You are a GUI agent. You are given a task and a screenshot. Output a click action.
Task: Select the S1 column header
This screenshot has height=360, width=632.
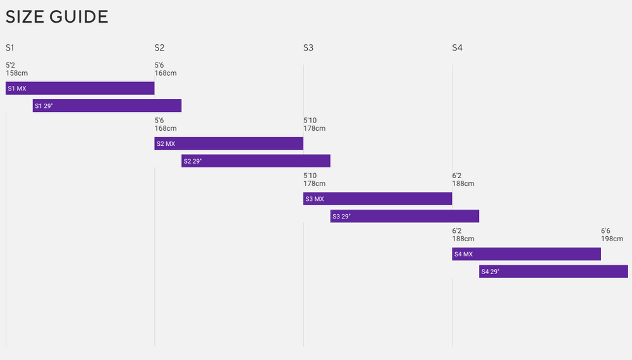point(10,48)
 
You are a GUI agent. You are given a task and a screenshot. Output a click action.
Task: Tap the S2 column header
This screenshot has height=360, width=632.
point(159,48)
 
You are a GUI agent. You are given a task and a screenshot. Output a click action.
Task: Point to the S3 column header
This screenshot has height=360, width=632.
point(308,48)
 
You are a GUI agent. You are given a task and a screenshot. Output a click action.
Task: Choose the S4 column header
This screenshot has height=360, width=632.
point(458,48)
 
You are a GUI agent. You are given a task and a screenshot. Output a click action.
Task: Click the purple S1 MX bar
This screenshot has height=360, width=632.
point(80,88)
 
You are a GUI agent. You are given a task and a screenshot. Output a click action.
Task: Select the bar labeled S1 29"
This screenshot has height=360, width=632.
point(107,106)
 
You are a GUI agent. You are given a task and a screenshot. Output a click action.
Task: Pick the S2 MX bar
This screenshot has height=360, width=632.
point(229,144)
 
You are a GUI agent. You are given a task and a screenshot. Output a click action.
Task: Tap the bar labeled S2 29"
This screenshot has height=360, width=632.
point(256,161)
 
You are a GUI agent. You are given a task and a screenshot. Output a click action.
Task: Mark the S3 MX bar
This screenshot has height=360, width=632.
point(378,199)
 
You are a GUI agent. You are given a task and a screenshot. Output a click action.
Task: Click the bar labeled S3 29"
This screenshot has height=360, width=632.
point(404,217)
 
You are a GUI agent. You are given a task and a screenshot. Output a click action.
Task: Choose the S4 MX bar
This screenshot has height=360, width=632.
point(526,255)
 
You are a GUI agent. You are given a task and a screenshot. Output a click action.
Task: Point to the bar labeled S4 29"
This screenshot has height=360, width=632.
point(554,272)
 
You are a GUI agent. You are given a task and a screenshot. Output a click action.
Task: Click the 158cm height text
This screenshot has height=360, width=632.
point(16,73)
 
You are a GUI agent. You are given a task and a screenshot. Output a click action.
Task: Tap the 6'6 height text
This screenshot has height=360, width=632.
point(605,231)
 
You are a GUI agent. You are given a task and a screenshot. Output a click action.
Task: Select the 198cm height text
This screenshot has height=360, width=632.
point(612,239)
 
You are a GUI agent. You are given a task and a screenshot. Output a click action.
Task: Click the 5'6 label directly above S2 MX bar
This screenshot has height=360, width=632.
point(159,121)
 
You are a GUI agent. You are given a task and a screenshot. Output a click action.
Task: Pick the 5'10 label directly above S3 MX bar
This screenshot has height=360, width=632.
point(310,121)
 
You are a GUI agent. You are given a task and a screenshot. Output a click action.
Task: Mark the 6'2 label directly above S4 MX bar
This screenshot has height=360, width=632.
point(457,231)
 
